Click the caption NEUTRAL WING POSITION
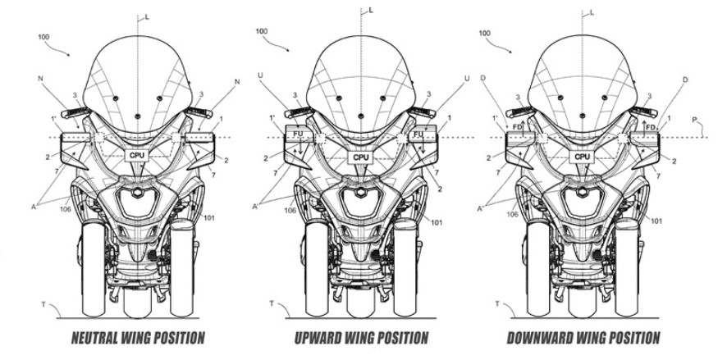coord(137,337)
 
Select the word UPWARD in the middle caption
coord(322,337)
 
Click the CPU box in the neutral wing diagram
coord(137,154)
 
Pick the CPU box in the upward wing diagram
coord(360,156)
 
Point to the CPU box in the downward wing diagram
coord(582,156)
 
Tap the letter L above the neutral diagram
coord(147,16)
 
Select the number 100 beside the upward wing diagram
coord(261,31)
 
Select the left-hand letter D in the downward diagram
coord(493,79)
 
